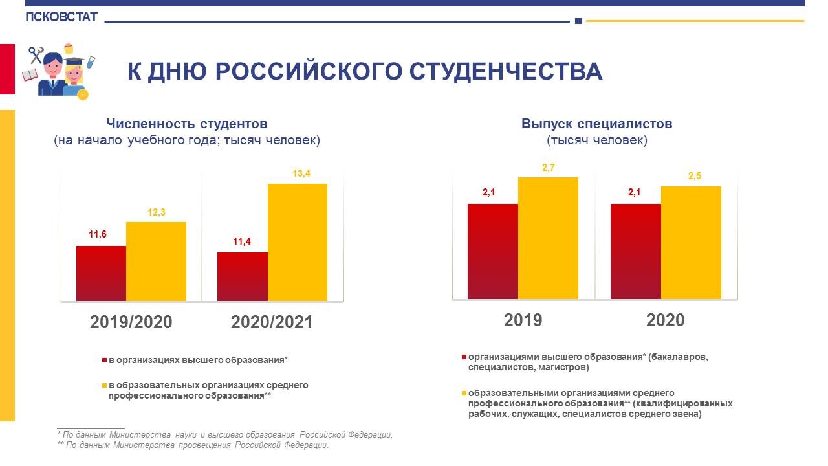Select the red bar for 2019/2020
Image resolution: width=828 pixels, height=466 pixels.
[x=101, y=273]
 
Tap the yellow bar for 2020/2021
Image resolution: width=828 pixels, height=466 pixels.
[x=298, y=242]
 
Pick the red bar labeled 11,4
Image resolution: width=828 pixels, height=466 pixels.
[x=243, y=276]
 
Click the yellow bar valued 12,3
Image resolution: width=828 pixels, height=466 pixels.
[x=156, y=261]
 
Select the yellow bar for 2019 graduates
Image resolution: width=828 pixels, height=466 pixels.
[x=548, y=238]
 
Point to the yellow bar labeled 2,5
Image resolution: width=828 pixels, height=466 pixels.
[x=691, y=242]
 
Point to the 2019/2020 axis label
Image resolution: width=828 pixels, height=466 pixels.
[x=131, y=322]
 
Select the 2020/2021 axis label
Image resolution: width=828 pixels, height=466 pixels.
[x=272, y=322]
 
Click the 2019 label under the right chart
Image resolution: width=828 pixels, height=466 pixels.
[x=523, y=320]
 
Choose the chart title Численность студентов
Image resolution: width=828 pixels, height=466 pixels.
[x=187, y=124]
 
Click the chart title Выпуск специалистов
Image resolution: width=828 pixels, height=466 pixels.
[x=597, y=124]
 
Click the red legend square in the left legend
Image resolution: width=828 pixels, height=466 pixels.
[x=104, y=360]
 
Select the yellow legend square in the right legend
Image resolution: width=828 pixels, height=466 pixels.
[x=464, y=393]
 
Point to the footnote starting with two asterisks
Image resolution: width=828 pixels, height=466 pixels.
[x=193, y=445]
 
